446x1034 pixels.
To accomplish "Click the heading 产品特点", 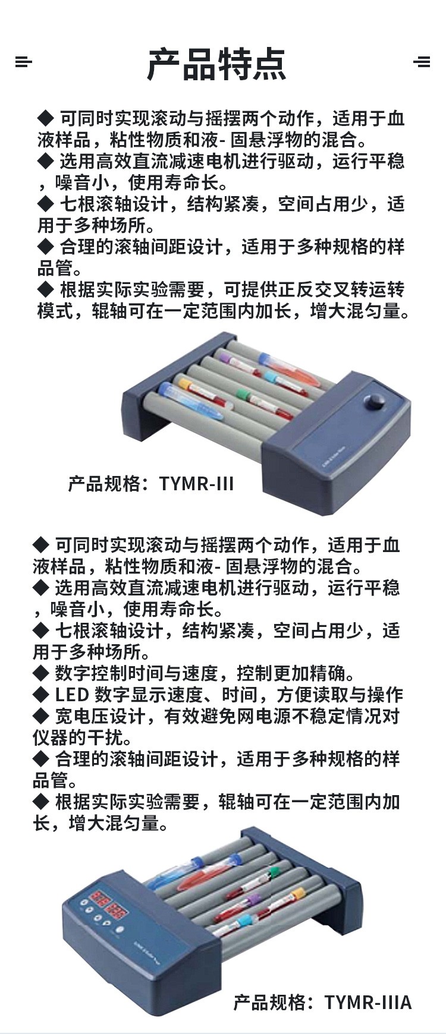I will pyautogui.click(x=217, y=64).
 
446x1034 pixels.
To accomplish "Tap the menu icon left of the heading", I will pyautogui.click(x=23, y=61).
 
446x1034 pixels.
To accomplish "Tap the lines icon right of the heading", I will pyautogui.click(x=422, y=61).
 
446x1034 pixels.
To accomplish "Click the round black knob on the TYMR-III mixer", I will pyautogui.click(x=375, y=402).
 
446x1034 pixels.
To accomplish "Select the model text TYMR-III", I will pyautogui.click(x=196, y=484).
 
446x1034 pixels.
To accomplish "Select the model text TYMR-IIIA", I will pyautogui.click(x=368, y=1002).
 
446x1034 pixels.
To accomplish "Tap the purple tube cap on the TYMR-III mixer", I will pyautogui.click(x=224, y=358).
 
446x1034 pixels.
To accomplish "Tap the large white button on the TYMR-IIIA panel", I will pyautogui.click(x=120, y=930).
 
